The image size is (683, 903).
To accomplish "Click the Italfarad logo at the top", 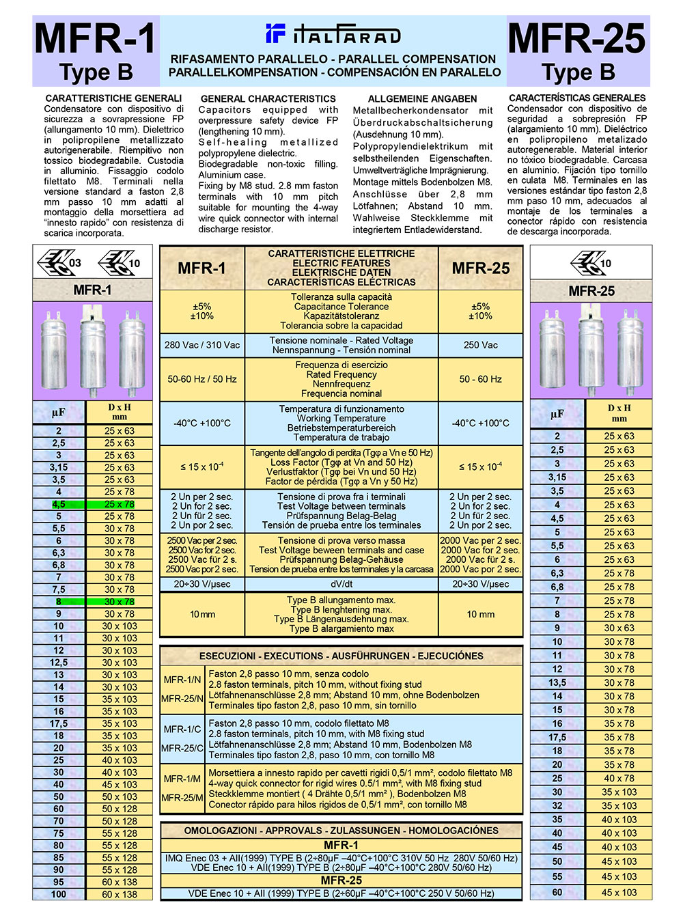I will [333, 33].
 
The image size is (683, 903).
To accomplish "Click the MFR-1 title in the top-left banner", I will [96, 38].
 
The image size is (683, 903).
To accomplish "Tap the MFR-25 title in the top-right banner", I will [577, 38].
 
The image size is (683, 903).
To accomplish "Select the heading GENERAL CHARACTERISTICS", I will [268, 99].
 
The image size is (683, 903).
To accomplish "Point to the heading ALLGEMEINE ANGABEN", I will [422, 99].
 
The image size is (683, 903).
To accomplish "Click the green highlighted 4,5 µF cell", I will [59, 504].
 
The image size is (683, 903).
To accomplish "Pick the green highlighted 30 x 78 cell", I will [119, 602].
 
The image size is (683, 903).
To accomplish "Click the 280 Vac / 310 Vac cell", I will [202, 345].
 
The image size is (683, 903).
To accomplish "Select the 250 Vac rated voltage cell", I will [481, 345].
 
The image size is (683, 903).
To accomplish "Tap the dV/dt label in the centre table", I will [341, 584].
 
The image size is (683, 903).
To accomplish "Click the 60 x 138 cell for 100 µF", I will [120, 894].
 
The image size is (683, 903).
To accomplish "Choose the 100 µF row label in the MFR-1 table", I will [59, 894].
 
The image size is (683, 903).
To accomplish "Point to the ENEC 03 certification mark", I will [61, 262].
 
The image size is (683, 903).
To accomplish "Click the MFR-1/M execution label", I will [182, 779].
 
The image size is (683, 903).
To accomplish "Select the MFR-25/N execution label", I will [182, 699].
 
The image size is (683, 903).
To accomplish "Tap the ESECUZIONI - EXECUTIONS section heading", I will [341, 656].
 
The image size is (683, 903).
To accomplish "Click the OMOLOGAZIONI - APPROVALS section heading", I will [341, 831].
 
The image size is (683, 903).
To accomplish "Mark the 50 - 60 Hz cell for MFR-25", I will [481, 379].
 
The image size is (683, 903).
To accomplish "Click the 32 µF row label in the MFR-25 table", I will [557, 806].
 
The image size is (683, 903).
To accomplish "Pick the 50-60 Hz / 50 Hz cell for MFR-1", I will [202, 379].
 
